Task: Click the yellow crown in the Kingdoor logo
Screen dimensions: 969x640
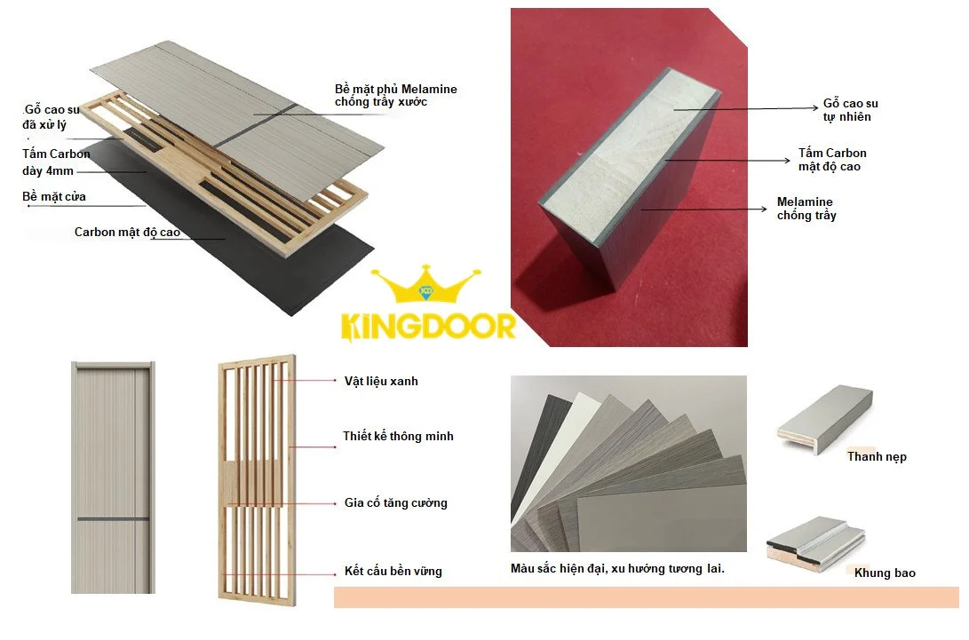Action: [x=425, y=285]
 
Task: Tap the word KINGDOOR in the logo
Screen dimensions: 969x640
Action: [x=428, y=327]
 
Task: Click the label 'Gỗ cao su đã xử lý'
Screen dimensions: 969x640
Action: [x=52, y=117]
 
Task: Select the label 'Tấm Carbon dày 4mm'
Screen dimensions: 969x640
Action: [x=56, y=162]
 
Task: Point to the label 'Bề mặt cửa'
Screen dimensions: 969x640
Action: [x=54, y=196]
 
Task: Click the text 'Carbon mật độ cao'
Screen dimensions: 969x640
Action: [x=127, y=233]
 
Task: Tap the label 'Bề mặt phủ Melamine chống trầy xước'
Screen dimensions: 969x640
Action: [x=396, y=95]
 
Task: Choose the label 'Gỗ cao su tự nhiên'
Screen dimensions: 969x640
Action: [x=850, y=110]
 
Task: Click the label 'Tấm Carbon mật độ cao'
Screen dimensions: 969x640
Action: [x=832, y=160]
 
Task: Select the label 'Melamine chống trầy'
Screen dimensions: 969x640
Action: [x=806, y=209]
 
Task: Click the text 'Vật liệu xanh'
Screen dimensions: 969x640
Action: [x=381, y=381]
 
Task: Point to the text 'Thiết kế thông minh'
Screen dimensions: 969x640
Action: [x=399, y=436]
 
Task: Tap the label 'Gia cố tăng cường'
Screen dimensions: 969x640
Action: [x=396, y=502]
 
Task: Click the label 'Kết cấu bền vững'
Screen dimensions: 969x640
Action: [x=393, y=571]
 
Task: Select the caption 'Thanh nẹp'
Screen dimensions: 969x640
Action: [x=877, y=456]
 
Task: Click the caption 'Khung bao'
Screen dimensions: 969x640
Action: [x=885, y=573]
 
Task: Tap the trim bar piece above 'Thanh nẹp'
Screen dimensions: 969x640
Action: [x=825, y=420]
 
